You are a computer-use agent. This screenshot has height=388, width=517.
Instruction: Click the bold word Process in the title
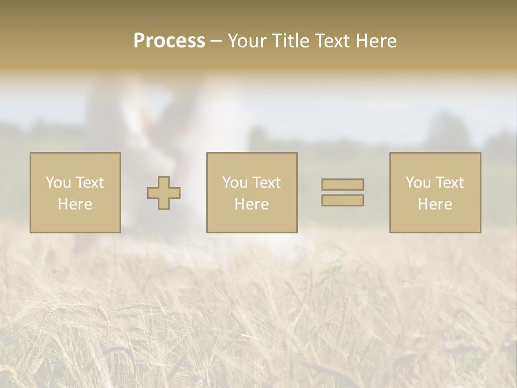169,41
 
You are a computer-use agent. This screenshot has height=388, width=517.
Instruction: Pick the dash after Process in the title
216,41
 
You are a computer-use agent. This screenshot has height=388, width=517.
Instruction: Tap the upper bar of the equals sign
343,184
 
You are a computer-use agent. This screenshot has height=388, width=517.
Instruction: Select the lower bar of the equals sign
343,200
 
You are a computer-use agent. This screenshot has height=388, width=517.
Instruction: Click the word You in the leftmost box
58,183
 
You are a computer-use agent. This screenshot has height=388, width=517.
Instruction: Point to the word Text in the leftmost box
89,183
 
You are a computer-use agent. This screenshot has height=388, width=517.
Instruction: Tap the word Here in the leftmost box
75,204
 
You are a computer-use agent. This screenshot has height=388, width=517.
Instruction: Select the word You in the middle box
235,183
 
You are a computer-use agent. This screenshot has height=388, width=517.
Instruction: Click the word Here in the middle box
251,204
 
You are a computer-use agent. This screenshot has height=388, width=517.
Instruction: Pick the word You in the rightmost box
418,183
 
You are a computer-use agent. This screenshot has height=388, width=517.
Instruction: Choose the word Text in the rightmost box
449,183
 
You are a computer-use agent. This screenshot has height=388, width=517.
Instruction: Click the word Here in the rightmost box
435,204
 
